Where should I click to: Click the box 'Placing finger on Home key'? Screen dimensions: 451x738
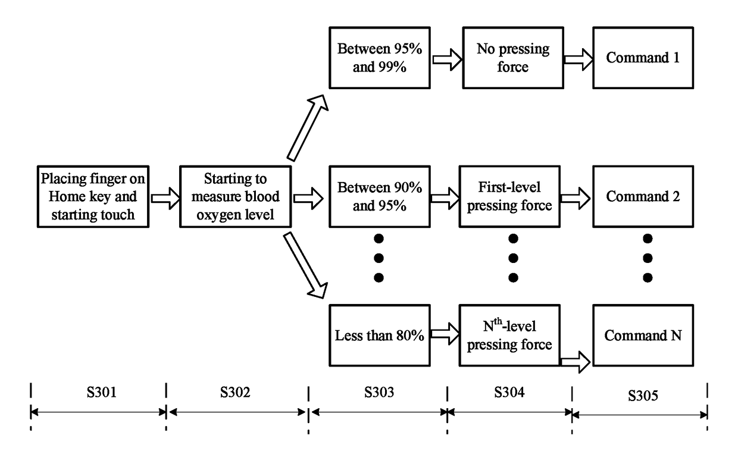click(93, 197)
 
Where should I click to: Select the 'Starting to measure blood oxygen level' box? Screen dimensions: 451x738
click(236, 197)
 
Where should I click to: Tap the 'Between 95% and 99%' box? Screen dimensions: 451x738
click(379, 58)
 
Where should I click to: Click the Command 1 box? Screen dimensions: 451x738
click(643, 58)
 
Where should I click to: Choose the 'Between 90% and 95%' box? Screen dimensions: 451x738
click(379, 197)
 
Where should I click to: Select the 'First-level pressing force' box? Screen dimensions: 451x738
click(509, 197)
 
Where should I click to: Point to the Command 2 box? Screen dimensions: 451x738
click(643, 197)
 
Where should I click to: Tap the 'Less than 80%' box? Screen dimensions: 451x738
click(379, 336)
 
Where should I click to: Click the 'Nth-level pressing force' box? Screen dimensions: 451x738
click(509, 336)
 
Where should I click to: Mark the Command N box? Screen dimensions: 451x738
click(643, 336)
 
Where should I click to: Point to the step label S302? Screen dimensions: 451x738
click(237, 393)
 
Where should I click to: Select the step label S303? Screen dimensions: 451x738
click(379, 393)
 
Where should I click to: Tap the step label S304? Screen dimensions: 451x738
click(509, 393)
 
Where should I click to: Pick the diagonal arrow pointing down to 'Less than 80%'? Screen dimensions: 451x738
click(308, 264)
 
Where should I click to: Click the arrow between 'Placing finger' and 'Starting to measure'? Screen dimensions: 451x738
click(165, 198)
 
